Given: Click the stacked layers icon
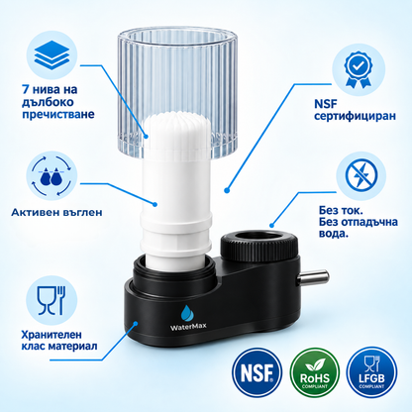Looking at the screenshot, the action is pyautogui.click(x=51, y=54).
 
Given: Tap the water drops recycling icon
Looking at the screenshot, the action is pyautogui.click(x=51, y=175).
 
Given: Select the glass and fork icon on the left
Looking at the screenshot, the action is pyautogui.click(x=51, y=300).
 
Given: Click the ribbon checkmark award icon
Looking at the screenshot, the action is pyautogui.click(x=359, y=69).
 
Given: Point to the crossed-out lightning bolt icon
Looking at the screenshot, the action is pyautogui.click(x=360, y=175).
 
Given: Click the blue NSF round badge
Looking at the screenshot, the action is pyautogui.click(x=257, y=372).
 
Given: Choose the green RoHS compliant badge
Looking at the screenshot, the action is pyautogui.click(x=315, y=372).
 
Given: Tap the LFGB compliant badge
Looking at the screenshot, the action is pyautogui.click(x=371, y=372).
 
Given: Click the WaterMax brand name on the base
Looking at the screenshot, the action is pyautogui.click(x=188, y=326).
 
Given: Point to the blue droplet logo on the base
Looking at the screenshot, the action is pyautogui.click(x=188, y=313).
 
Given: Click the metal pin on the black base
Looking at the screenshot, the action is pyautogui.click(x=313, y=277).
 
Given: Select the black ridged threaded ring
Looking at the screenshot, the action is pyautogui.click(x=259, y=246).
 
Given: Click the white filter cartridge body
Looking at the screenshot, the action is pyautogui.click(x=176, y=191).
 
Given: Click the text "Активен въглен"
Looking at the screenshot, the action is pyautogui.click(x=56, y=212).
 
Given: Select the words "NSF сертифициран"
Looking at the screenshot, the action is pyautogui.click(x=355, y=110).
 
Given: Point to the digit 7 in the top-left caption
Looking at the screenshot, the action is pyautogui.click(x=26, y=89).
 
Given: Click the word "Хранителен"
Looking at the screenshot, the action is pyautogui.click(x=51, y=335).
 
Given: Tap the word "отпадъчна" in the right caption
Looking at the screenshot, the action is pyautogui.click(x=368, y=222).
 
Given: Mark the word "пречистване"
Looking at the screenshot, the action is pyautogui.click(x=58, y=115).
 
